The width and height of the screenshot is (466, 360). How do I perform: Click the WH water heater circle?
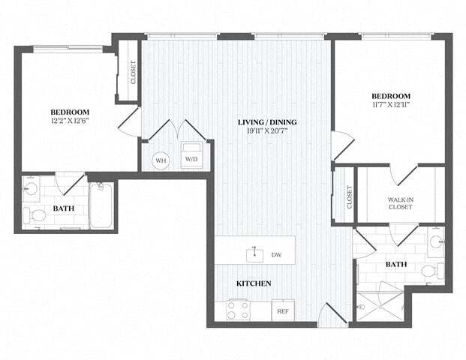[161, 160]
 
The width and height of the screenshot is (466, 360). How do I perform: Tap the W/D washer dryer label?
[192, 159]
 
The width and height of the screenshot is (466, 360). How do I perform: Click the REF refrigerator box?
[283, 310]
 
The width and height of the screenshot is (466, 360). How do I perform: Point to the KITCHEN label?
[254, 283]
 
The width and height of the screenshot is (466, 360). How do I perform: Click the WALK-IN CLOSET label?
[401, 203]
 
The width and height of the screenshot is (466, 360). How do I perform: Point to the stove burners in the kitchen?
[239, 310]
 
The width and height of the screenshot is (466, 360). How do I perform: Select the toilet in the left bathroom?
[35, 216]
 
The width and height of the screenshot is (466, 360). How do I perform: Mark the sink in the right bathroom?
[436, 244]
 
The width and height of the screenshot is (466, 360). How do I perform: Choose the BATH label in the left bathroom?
[64, 208]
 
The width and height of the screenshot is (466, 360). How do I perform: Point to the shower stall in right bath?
[379, 303]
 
